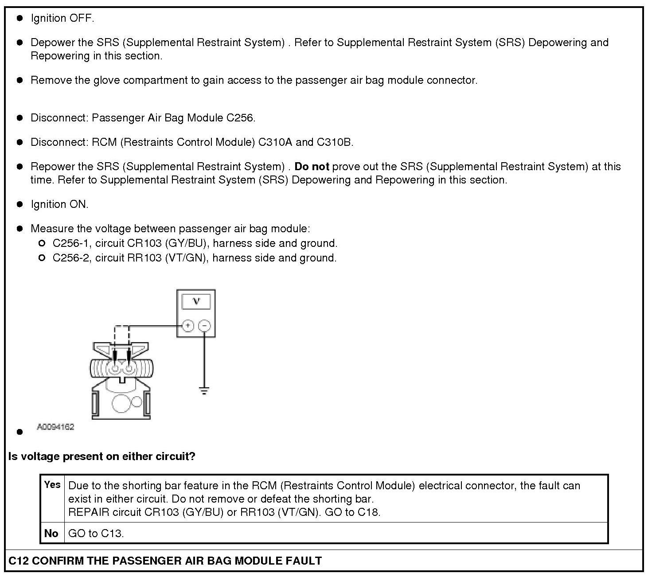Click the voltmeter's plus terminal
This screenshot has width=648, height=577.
188,326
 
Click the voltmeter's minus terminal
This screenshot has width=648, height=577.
204,326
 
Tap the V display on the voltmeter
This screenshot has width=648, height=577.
196,302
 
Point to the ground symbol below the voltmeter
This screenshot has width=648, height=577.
204,390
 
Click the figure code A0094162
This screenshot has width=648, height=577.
55,427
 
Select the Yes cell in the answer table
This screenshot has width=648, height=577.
52,485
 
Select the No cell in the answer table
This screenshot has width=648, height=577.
51,533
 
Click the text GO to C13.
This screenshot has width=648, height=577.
96,533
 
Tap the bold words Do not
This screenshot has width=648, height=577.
312,167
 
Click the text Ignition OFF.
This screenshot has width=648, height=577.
62,18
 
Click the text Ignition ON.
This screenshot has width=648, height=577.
59,204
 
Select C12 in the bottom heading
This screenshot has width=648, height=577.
19,561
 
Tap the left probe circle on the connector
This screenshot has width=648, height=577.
115,369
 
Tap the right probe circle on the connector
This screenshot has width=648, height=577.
129,369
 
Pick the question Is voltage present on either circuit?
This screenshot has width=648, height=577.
101,456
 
